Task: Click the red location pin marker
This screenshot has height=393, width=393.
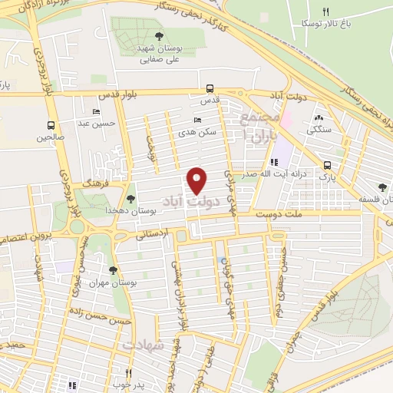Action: [198, 180]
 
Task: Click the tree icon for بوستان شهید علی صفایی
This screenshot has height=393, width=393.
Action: [159, 35]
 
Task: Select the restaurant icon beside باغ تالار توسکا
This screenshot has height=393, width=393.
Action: [325, 12]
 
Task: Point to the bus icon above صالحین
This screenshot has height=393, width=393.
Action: [51, 125]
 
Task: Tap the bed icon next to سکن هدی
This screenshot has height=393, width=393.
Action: [198, 120]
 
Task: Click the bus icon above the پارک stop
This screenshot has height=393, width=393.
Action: [328, 165]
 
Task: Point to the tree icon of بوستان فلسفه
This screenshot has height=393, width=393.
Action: [382, 187]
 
